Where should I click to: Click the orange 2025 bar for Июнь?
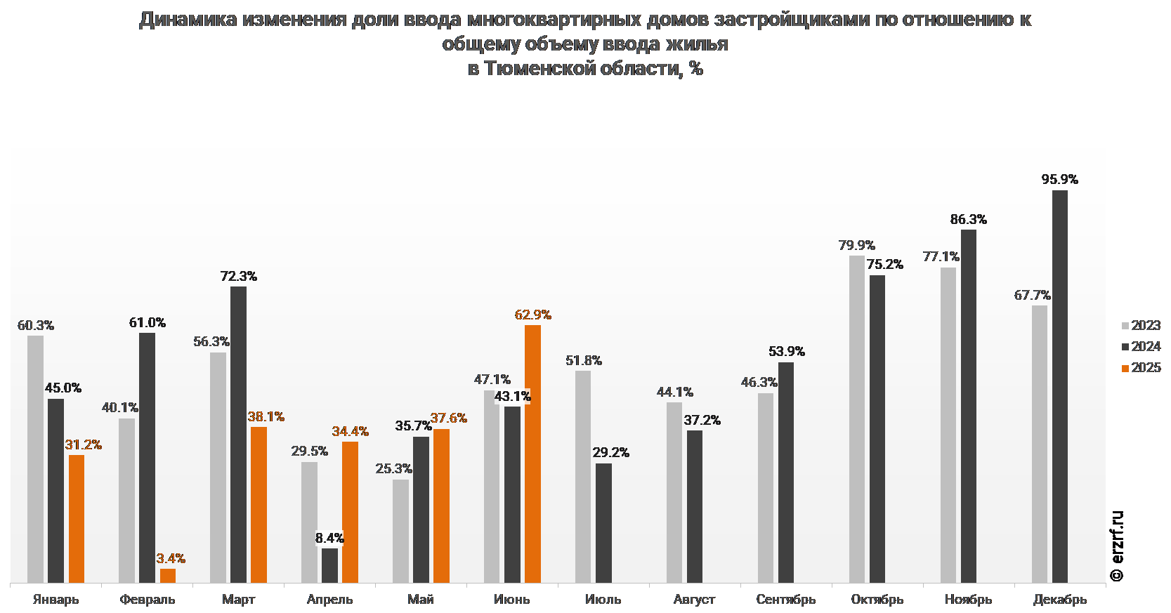coord(532,454)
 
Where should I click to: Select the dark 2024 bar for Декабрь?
coord(1059,386)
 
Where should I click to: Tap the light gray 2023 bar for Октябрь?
coord(856,418)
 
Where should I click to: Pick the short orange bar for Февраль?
coord(168,576)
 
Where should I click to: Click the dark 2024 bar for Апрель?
coord(329,565)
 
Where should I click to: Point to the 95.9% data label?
coord(1059,180)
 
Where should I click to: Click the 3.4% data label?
coord(171,558)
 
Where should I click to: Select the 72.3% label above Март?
coord(238,277)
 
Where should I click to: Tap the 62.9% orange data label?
coord(532,315)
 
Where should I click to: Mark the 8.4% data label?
coord(329,538)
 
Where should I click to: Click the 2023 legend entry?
coord(1141,325)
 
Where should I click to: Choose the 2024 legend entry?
coord(1141,346)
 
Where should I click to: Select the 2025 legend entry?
coord(1141,367)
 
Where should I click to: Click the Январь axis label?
coord(56,600)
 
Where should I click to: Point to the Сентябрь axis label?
coord(785,600)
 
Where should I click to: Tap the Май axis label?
coord(421,600)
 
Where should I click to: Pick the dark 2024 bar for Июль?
coord(603,522)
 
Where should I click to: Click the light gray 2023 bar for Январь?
coord(35,459)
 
